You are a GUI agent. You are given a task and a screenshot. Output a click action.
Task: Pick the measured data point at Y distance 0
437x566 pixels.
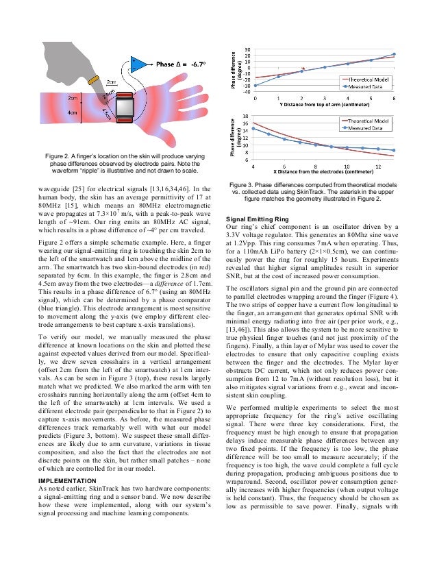[x=255, y=85]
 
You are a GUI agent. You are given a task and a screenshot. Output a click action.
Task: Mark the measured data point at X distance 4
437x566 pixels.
[x=254, y=128]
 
